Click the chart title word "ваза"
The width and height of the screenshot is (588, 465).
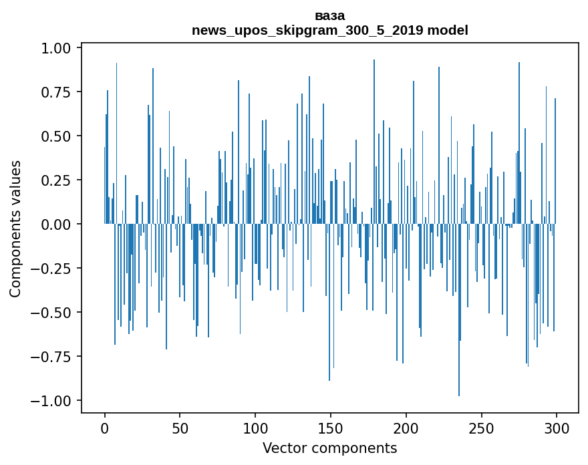329,15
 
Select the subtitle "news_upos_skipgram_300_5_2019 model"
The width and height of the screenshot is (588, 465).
329,30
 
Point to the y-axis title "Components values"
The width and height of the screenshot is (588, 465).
15,228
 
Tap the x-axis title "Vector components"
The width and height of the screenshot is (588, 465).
329,448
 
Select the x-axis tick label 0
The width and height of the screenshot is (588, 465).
105,428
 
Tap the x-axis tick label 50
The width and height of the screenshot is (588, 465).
180,428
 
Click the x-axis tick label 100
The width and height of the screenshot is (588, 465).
255,428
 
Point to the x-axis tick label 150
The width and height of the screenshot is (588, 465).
331,428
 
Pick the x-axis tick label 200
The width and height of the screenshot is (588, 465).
406,428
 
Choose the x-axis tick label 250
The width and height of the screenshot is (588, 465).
481,428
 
